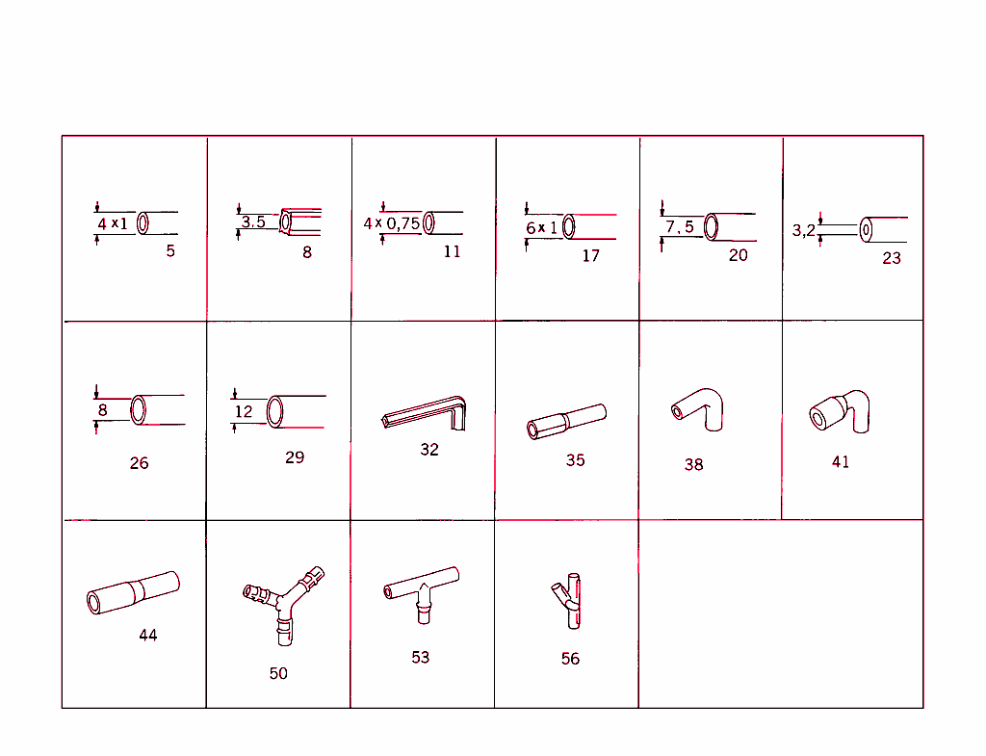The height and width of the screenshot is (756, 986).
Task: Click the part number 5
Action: (170, 251)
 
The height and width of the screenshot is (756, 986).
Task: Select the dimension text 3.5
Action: (253, 222)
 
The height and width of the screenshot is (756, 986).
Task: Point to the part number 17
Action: (590, 255)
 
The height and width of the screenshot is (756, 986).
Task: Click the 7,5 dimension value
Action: (679, 227)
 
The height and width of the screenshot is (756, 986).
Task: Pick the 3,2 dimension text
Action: (804, 230)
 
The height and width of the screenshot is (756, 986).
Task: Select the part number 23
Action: (892, 258)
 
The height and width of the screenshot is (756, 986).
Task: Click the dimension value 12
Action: (244, 411)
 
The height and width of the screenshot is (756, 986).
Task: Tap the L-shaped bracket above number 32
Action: (425, 416)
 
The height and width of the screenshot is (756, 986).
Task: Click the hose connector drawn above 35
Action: (566, 422)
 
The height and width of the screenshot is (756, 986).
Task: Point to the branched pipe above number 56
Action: (570, 602)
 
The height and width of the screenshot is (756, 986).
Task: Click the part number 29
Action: (295, 457)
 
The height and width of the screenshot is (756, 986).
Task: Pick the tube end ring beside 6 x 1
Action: (569, 226)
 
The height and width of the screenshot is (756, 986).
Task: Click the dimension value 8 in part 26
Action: (101, 409)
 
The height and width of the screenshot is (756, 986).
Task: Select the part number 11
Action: (452, 251)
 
